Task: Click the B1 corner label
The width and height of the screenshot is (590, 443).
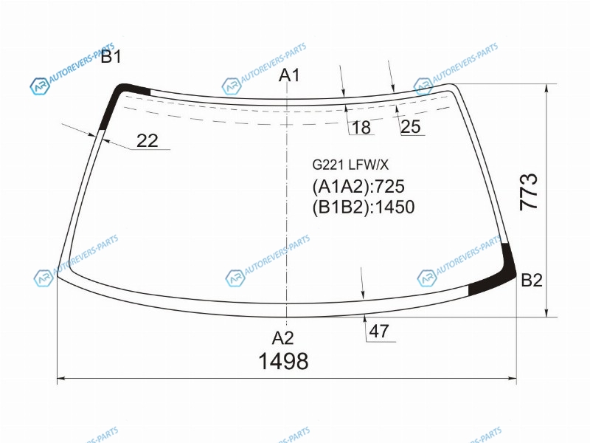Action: click(111, 57)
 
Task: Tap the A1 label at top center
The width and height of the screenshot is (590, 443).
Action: click(289, 75)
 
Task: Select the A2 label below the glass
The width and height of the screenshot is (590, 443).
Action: click(282, 338)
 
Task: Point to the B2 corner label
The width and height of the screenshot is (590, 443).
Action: click(532, 281)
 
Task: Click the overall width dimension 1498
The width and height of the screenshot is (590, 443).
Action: click(283, 361)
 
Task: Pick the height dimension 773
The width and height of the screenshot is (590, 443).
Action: click(529, 191)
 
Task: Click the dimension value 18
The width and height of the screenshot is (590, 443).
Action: click(361, 127)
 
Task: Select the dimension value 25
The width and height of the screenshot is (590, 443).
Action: click(411, 126)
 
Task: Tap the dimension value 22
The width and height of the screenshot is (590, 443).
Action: click(147, 140)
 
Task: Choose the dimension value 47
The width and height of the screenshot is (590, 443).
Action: click(379, 332)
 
